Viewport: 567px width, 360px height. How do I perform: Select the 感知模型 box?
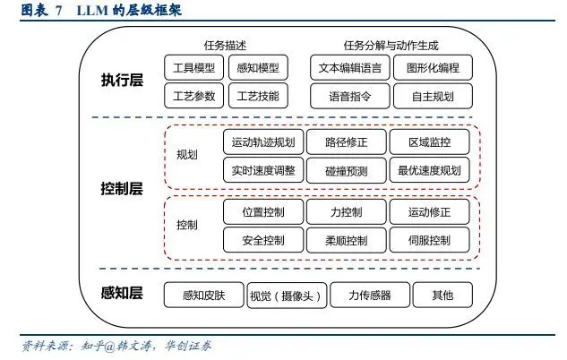[x=258, y=68]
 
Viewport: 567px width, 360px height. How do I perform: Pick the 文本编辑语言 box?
[x=350, y=68]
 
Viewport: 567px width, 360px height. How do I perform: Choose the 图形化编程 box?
[x=432, y=68]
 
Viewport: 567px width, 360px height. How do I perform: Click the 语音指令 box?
[x=350, y=95]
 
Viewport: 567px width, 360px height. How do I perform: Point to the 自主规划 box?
[x=432, y=95]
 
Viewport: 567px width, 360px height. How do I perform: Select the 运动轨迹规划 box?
[x=262, y=142]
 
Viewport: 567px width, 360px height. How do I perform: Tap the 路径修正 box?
[x=345, y=142]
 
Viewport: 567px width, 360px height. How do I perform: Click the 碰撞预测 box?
[x=345, y=170]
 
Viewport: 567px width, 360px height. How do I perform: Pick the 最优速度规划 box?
[x=429, y=170]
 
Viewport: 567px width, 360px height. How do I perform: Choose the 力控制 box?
[x=345, y=212]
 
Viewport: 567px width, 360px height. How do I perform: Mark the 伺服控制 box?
[x=429, y=240]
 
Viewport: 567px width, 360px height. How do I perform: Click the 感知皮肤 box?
[x=203, y=296]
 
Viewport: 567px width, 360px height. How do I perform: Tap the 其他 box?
[x=442, y=296]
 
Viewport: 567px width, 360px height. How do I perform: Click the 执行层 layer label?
[x=123, y=81]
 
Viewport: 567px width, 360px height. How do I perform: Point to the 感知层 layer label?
[x=123, y=293]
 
